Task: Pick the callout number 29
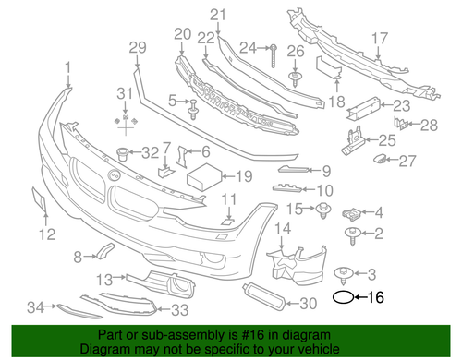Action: click(137, 48)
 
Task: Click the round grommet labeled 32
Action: click(122, 153)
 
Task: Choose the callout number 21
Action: click(216, 14)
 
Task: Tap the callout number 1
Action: click(67, 66)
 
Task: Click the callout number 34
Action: click(35, 307)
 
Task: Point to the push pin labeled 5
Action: click(195, 113)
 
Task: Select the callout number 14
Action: click(284, 228)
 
